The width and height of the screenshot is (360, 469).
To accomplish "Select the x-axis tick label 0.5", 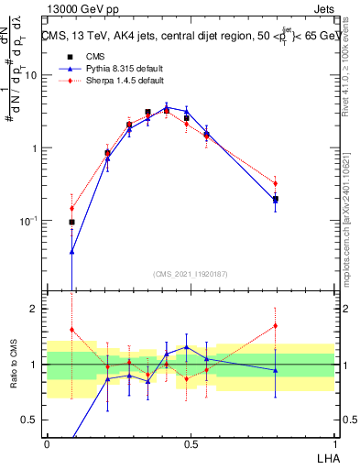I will (190, 443).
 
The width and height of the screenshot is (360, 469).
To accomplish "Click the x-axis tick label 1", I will (334, 443).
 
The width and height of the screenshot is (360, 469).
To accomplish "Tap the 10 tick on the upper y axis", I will (33, 75).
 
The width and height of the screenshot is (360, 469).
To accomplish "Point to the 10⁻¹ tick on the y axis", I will (30, 221).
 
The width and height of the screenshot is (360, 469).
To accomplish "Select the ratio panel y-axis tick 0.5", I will (33, 420).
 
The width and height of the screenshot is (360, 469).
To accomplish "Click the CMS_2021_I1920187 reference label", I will (191, 274).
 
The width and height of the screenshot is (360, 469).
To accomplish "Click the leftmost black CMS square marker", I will (72, 222).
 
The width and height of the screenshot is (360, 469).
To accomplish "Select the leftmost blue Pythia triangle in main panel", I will (72, 251).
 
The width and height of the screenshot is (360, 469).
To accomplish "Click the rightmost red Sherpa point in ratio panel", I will (275, 325).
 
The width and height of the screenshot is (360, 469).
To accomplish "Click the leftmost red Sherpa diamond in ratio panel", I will (72, 330).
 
